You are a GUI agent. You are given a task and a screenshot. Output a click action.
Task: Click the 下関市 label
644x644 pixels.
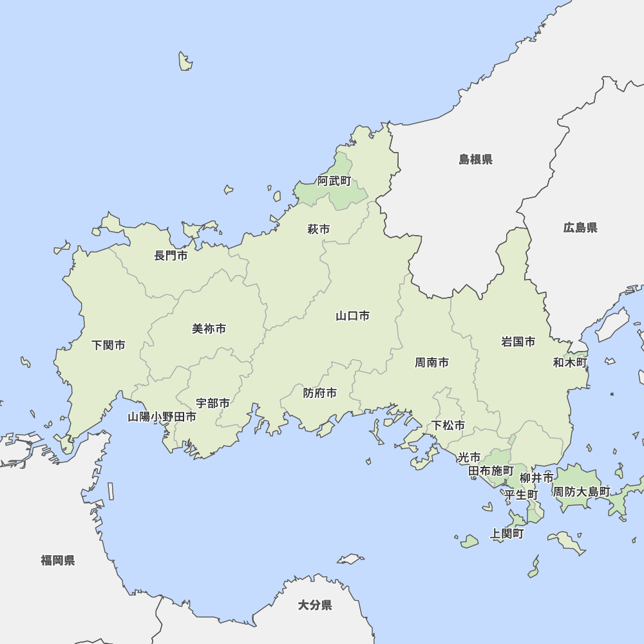[108, 345]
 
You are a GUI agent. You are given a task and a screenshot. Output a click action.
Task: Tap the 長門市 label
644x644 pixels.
[171, 256]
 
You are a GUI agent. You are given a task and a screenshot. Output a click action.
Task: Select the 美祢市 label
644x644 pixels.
[209, 328]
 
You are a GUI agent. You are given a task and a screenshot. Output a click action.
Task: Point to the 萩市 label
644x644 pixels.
[318, 229]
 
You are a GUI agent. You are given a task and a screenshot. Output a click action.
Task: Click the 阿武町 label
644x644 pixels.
[334, 181]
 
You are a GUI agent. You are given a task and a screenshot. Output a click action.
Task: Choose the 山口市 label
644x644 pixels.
[352, 316]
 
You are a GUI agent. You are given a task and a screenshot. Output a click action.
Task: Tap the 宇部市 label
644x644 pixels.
[213, 403]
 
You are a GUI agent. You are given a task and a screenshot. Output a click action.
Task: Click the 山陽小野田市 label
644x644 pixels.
[162, 417]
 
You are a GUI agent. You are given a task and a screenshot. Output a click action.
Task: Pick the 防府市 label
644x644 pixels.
[319, 393]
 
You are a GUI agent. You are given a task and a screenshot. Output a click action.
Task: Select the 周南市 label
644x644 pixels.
[431, 363]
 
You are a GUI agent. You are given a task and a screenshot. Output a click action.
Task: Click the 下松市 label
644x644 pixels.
[448, 425]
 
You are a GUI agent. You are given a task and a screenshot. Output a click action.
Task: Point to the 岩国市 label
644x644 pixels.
[518, 341]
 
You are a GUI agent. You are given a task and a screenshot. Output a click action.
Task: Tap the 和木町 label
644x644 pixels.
[570, 363]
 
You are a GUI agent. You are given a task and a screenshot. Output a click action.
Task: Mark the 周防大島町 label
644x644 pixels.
[582, 491]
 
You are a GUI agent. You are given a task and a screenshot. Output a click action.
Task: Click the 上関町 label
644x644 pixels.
[507, 533]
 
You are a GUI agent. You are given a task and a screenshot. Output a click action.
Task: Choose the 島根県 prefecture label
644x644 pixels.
[475, 159]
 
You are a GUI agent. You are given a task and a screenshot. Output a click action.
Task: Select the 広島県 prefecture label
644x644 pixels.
[580, 227]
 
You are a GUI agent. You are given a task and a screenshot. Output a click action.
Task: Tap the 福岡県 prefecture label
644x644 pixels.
[57, 560]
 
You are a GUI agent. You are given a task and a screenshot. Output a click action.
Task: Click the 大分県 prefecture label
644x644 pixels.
[315, 605]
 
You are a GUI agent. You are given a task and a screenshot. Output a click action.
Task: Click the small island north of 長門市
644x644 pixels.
[185, 61]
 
